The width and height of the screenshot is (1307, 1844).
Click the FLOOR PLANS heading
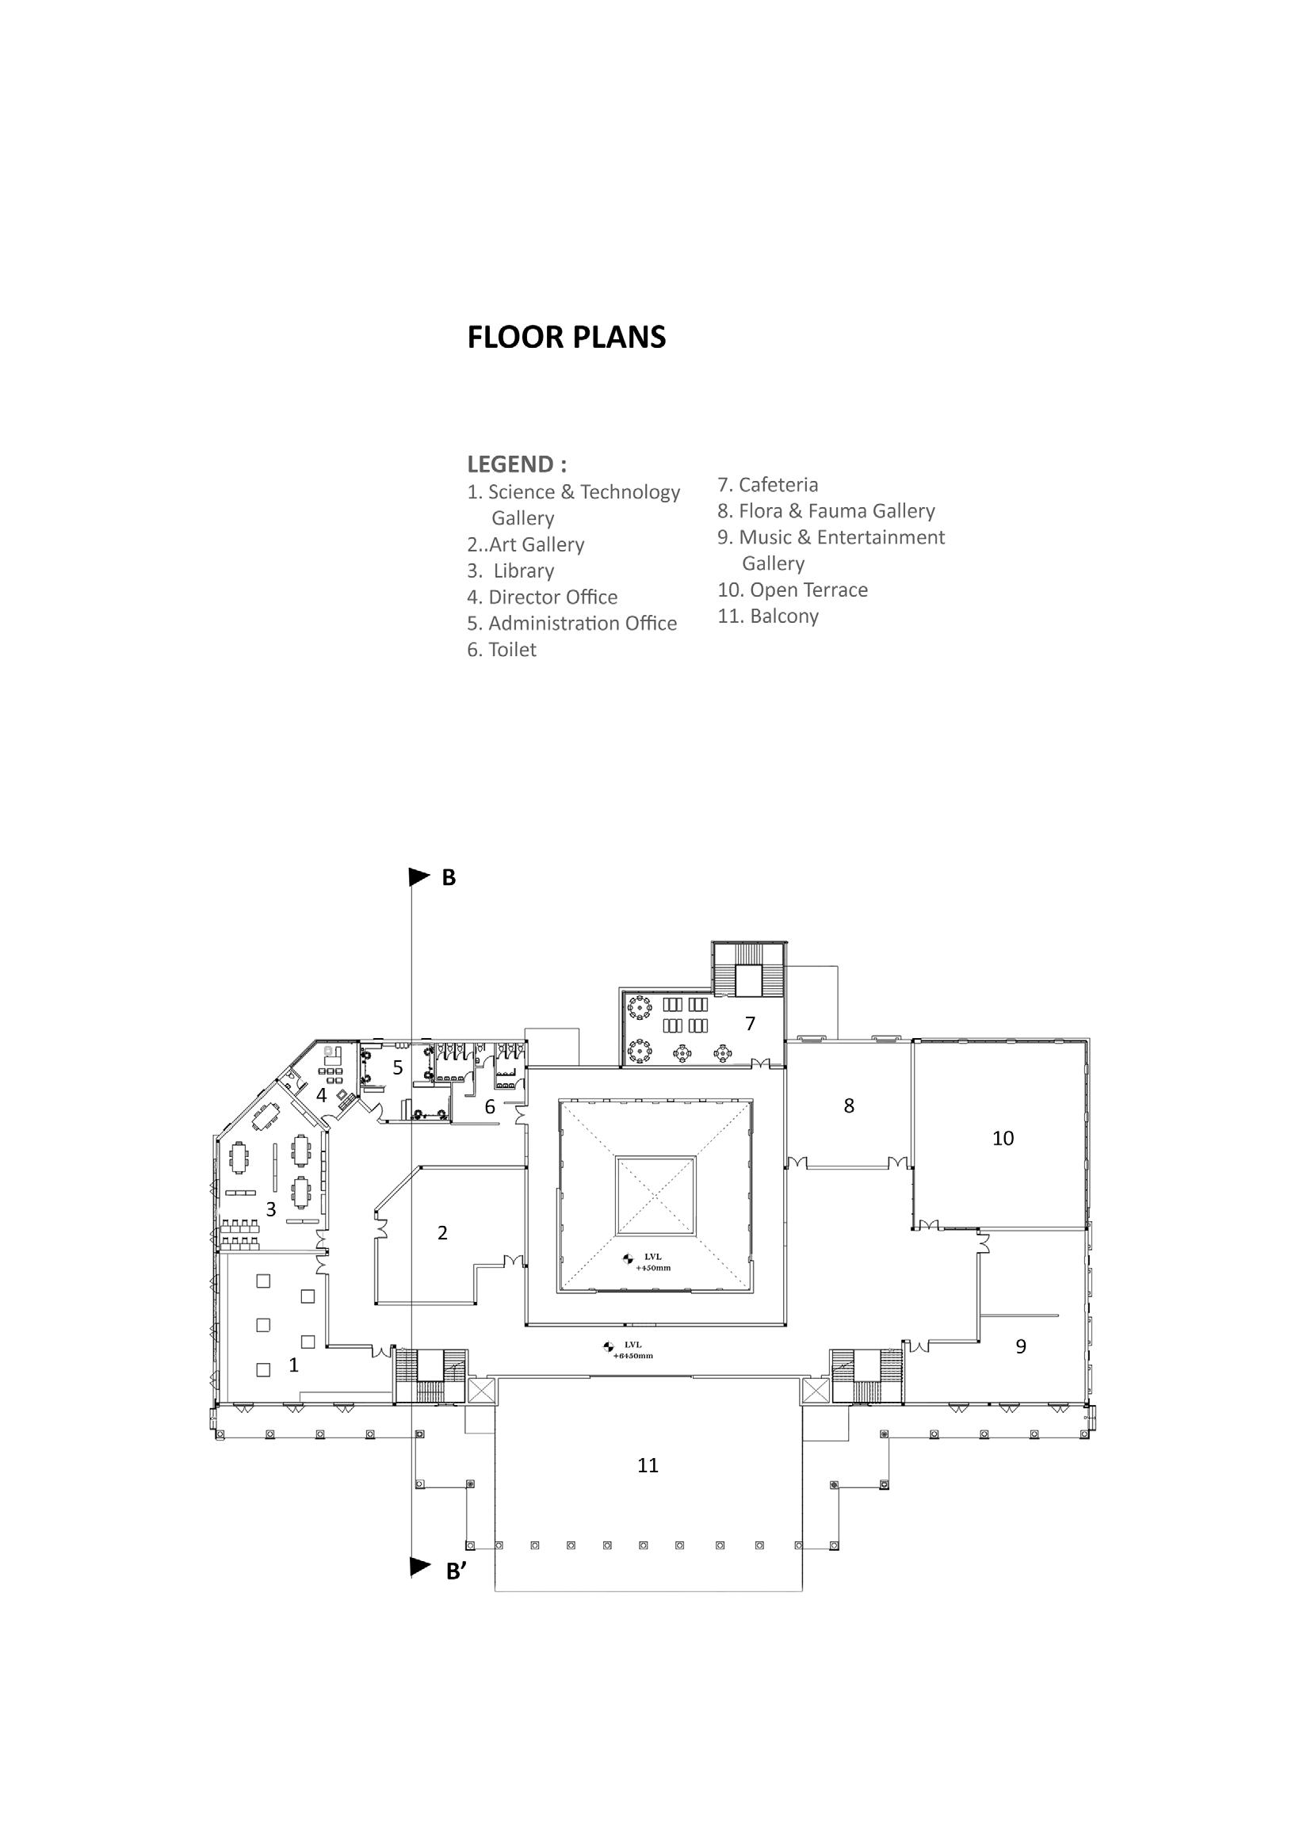point(567,337)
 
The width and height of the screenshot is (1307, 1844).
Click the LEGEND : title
point(517,464)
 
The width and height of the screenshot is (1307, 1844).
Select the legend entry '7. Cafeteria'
point(768,484)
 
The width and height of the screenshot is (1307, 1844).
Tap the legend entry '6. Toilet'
point(502,649)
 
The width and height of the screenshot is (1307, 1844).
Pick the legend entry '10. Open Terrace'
point(793,590)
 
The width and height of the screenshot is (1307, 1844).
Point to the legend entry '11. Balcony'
point(768,617)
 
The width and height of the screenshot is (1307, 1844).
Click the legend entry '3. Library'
point(512,571)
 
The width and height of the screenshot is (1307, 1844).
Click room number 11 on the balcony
point(648,1466)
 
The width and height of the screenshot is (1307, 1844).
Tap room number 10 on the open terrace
point(1003,1139)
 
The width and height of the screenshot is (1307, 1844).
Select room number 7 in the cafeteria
point(750,1023)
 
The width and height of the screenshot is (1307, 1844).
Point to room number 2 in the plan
point(442,1232)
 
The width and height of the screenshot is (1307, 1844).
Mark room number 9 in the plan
point(1021,1346)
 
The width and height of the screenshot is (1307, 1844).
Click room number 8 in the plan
point(849,1106)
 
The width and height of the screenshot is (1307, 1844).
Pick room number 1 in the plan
point(294,1365)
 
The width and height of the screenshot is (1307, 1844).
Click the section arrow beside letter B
point(419,876)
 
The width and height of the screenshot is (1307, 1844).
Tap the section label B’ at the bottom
point(457,1572)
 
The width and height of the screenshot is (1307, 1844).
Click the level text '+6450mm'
point(632,1356)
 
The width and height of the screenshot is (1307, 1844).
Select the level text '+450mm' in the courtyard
point(652,1268)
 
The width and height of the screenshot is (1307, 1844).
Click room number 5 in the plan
point(398,1067)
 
